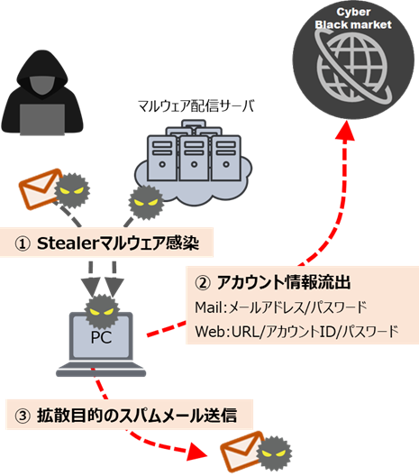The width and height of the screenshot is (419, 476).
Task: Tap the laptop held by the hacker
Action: [41, 120]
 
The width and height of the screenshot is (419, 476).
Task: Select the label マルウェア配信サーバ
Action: [196, 106]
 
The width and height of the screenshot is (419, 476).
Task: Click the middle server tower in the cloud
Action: [194, 158]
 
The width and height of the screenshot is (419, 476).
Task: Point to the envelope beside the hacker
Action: [41, 188]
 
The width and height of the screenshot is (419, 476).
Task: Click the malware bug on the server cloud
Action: [146, 202]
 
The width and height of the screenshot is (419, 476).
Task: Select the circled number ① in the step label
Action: [23, 243]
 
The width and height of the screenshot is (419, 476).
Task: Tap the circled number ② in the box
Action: [203, 283]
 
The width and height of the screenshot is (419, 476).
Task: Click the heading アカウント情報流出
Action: [284, 282]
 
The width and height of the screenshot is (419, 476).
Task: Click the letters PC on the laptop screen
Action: [101, 337]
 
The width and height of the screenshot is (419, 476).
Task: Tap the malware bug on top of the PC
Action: [101, 311]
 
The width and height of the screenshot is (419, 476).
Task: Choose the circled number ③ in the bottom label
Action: [23, 416]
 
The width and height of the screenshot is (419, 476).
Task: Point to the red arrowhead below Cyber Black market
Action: [346, 131]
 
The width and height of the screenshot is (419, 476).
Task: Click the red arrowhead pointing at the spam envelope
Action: [197, 453]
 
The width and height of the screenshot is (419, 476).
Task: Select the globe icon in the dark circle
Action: [354, 68]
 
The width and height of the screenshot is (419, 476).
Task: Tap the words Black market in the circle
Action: [353, 24]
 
